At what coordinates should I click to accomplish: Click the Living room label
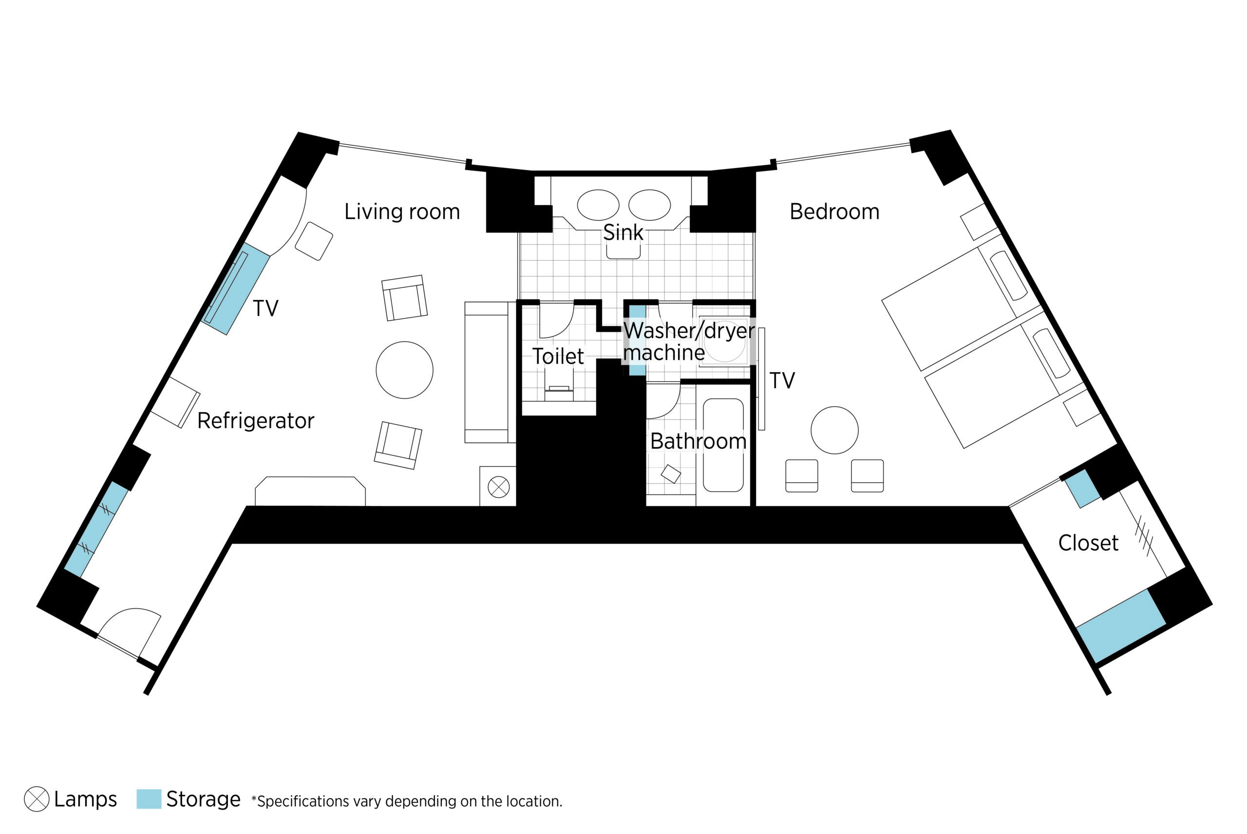coord(402,212)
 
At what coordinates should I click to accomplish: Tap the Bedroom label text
coord(834,212)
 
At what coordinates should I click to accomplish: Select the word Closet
coord(1088,543)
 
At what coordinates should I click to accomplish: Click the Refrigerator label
coord(256,421)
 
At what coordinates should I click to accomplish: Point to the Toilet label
coord(558,357)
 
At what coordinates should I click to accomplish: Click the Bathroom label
coord(698,441)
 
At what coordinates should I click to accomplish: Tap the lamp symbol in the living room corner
coord(499,487)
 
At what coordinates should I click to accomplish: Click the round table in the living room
coord(405,370)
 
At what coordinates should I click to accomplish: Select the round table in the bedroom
coord(834,430)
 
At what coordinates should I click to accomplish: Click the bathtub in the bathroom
coord(723,445)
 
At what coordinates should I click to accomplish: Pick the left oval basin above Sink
coord(598,205)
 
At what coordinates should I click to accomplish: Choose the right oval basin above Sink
coord(649,205)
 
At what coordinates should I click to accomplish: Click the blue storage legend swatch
coord(149,799)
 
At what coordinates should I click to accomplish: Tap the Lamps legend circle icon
coord(37,799)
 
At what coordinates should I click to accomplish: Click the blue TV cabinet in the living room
coord(236,289)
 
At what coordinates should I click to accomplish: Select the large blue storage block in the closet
coord(1121,626)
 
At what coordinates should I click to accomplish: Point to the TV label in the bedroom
coord(782,381)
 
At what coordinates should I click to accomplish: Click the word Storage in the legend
coord(203,799)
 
